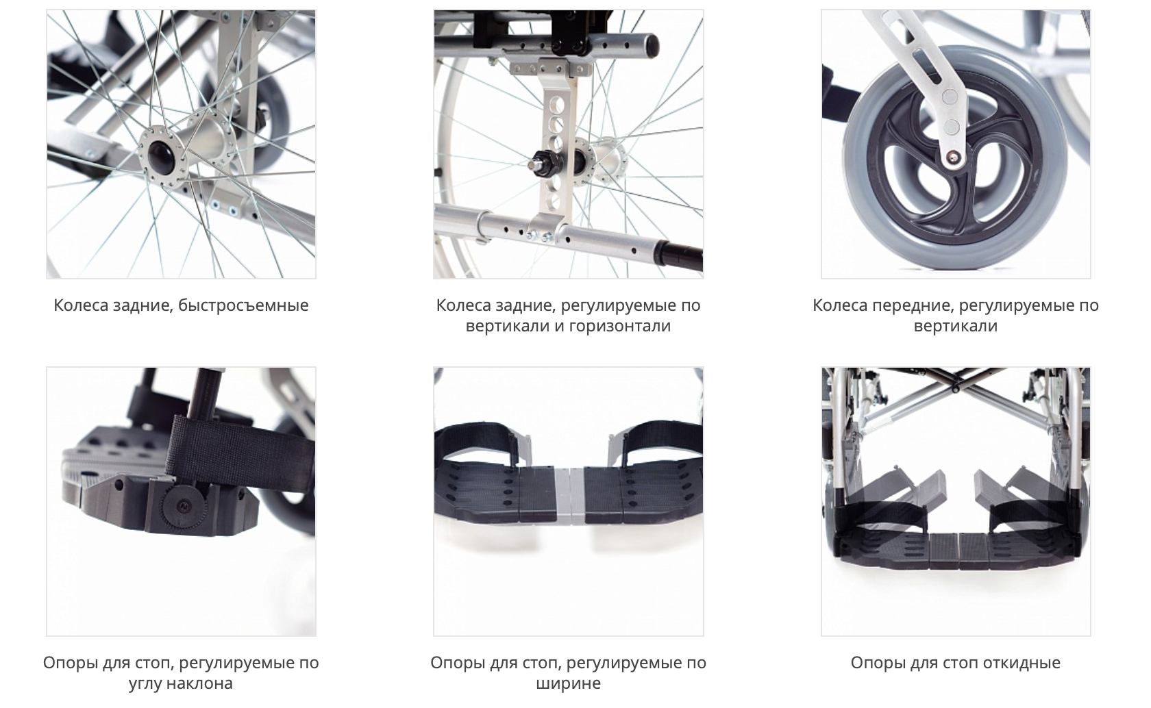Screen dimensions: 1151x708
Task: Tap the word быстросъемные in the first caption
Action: tap(244, 305)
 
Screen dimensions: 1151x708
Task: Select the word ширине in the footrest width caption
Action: tap(569, 683)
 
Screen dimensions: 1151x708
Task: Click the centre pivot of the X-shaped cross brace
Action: tap(955, 388)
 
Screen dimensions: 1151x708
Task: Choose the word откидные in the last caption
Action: tap(1022, 663)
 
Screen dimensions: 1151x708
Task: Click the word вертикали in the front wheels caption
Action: tap(956, 326)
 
